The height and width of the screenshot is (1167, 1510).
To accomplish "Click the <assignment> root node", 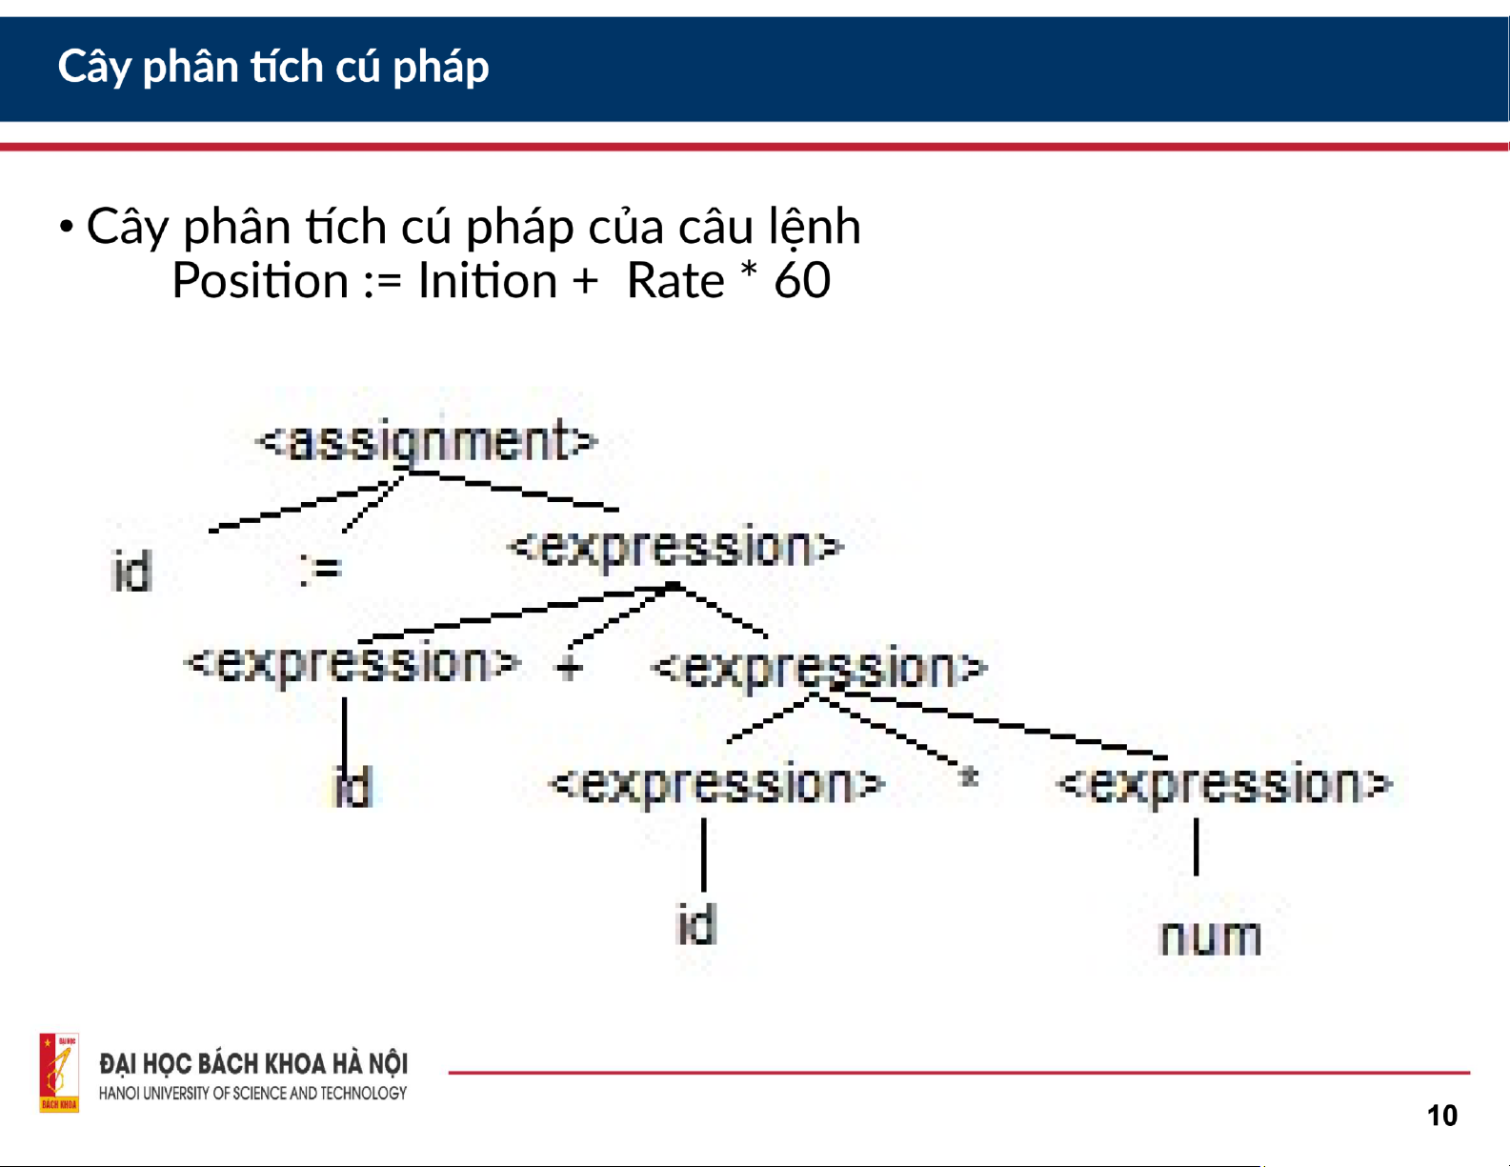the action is click(x=428, y=441).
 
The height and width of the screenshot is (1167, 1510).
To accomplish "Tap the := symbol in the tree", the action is click(x=321, y=569).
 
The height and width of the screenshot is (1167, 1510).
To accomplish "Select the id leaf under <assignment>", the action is click(x=131, y=571).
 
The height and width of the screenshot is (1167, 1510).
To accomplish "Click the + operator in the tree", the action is click(x=569, y=668).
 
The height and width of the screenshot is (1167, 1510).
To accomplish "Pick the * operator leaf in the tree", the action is click(x=968, y=775).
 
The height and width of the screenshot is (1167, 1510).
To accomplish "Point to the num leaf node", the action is click(x=1211, y=937).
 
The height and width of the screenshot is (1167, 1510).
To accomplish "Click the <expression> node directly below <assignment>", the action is click(x=675, y=548).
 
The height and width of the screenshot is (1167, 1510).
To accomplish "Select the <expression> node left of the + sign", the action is click(x=352, y=663).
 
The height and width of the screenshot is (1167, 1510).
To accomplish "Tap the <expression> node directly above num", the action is click(x=1224, y=783).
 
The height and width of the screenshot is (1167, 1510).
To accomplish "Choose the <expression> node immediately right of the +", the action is click(x=818, y=668).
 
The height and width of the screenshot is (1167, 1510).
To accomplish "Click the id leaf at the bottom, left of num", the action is click(x=695, y=925).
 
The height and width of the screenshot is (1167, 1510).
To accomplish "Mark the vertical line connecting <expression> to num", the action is click(x=1196, y=847).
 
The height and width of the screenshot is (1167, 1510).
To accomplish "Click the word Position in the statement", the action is click(x=260, y=281).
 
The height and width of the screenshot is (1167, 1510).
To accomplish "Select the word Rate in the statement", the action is click(x=675, y=281).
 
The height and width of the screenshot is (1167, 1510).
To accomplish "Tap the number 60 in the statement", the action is click(x=802, y=281).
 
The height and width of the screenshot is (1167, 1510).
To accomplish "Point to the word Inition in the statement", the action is click(x=488, y=281).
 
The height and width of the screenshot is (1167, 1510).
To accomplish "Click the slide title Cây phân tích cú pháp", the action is click(x=273, y=68).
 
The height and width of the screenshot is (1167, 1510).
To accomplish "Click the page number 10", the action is click(x=1442, y=1116).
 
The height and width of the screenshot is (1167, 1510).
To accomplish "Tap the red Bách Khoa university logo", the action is click(x=59, y=1074).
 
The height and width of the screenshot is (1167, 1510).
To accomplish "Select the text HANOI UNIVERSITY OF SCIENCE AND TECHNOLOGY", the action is click(x=252, y=1094).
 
